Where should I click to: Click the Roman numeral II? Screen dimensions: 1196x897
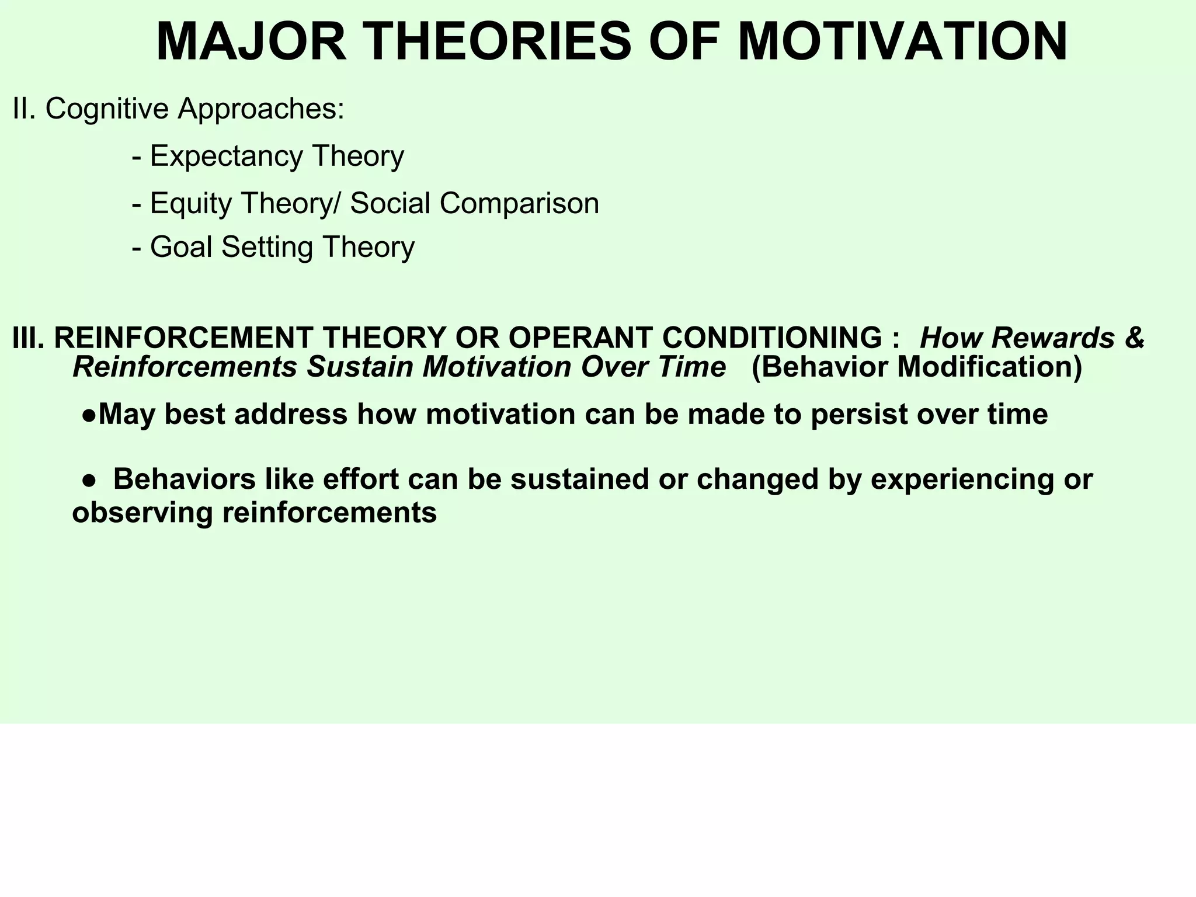point(23,109)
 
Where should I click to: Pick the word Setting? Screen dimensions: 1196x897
point(268,248)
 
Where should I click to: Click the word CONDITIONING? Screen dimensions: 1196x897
point(771,338)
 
